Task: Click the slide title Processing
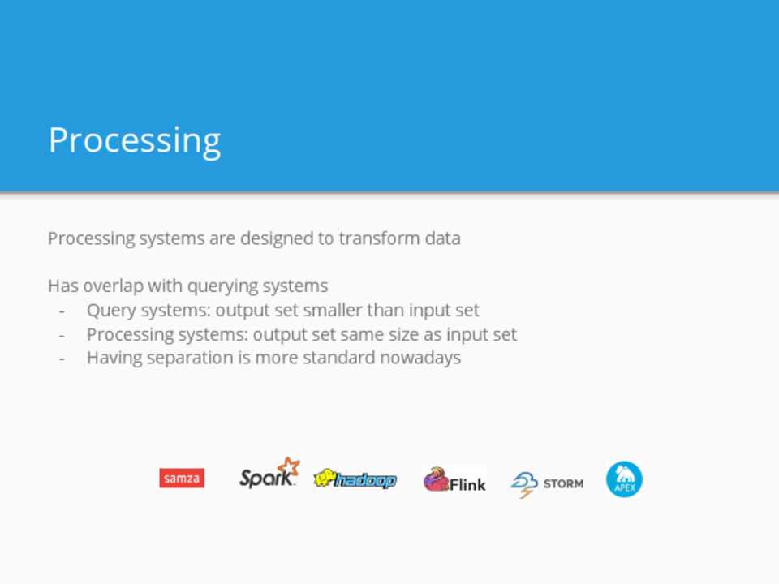pyautogui.click(x=134, y=141)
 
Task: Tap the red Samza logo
pyautogui.click(x=182, y=479)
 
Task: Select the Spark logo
pyautogui.click(x=269, y=473)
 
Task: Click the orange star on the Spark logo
pyautogui.click(x=289, y=467)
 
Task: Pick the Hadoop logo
pyautogui.click(x=355, y=479)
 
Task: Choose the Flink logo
pyautogui.click(x=454, y=480)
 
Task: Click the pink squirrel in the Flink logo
pyautogui.click(x=437, y=479)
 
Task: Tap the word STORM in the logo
pyautogui.click(x=563, y=483)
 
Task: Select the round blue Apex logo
pyautogui.click(x=625, y=479)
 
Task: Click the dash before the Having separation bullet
pyautogui.click(x=62, y=359)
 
